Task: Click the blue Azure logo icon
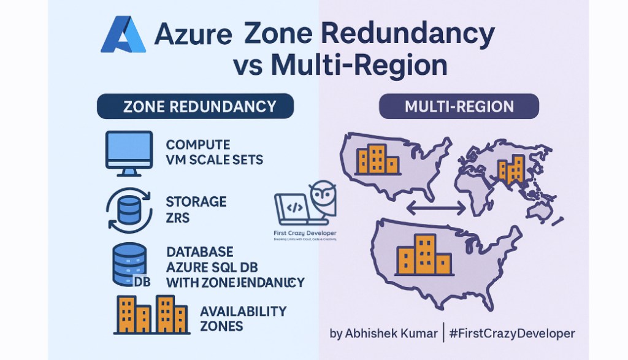(123, 35)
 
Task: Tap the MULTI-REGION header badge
(459, 106)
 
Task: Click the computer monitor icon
(129, 150)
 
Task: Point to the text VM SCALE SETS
(214, 161)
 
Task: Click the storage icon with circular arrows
(128, 209)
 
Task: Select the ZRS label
(178, 217)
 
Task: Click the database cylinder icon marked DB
(129, 264)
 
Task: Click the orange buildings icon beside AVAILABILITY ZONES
(150, 313)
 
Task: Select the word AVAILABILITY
(243, 312)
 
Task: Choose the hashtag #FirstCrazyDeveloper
(511, 334)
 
